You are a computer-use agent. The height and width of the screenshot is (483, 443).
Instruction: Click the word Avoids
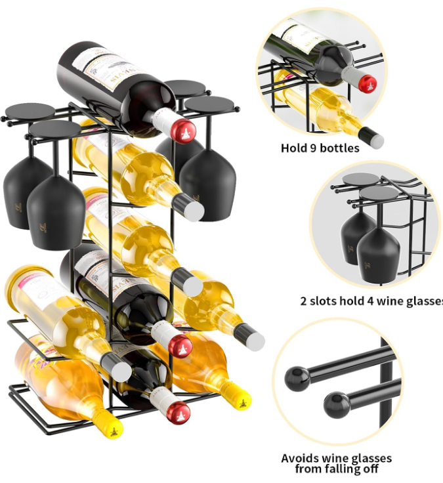pos(300,458)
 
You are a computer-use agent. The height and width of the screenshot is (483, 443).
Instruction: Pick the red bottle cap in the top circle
pos(368,83)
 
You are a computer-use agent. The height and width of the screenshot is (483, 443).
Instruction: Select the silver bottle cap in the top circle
pos(375,138)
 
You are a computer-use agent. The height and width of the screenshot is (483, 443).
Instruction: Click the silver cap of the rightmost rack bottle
pos(253,339)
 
